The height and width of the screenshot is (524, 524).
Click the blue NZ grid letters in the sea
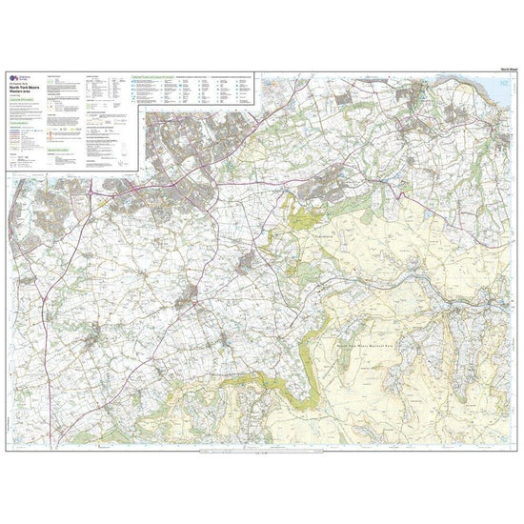point(504,83)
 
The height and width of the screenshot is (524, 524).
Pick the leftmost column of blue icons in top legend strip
point(135,91)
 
